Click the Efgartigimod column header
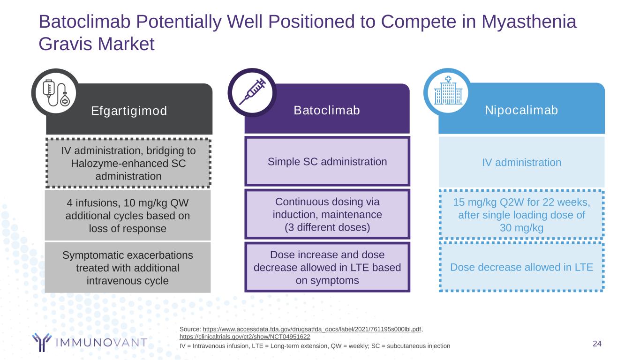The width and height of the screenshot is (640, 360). click(129, 111)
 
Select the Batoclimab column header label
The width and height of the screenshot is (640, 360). click(327, 110)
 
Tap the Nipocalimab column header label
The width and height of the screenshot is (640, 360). click(521, 110)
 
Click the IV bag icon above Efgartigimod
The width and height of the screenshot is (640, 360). click(55, 92)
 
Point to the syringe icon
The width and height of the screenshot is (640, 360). click(252, 92)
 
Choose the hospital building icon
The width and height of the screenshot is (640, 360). click(447, 91)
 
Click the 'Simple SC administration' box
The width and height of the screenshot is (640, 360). click(327, 162)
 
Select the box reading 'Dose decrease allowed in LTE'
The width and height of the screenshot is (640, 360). click(521, 267)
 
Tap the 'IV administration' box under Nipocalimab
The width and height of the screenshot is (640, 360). click(521, 162)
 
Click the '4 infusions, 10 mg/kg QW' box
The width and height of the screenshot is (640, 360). click(128, 216)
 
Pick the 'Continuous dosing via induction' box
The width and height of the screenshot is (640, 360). click(327, 215)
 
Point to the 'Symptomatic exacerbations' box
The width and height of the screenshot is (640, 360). click(128, 268)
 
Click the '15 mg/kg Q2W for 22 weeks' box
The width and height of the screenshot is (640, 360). click(521, 215)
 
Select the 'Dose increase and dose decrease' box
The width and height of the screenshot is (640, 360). click(327, 267)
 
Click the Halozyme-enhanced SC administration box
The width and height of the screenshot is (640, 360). click(128, 163)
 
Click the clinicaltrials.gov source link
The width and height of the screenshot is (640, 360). click(245, 337)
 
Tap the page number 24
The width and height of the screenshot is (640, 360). click(597, 344)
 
